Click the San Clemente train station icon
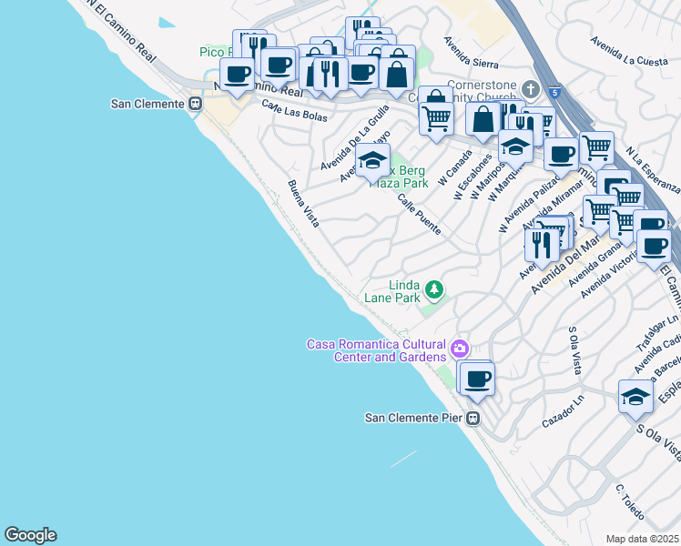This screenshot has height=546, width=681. click(195, 104)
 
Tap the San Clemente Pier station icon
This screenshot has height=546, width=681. click(473, 418)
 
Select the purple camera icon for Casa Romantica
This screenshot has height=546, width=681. click(460, 348)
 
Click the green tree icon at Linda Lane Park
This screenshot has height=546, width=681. click(435, 289)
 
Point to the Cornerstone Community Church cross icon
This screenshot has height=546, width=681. click(531, 90)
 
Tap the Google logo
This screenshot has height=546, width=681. click(30, 535)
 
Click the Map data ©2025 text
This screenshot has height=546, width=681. click(642, 539)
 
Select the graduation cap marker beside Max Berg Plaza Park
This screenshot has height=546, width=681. click(372, 161)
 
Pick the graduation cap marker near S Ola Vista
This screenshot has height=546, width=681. click(635, 396)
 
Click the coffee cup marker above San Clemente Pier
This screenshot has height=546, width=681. click(476, 378)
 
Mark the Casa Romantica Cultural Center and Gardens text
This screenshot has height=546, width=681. click(376, 350)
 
